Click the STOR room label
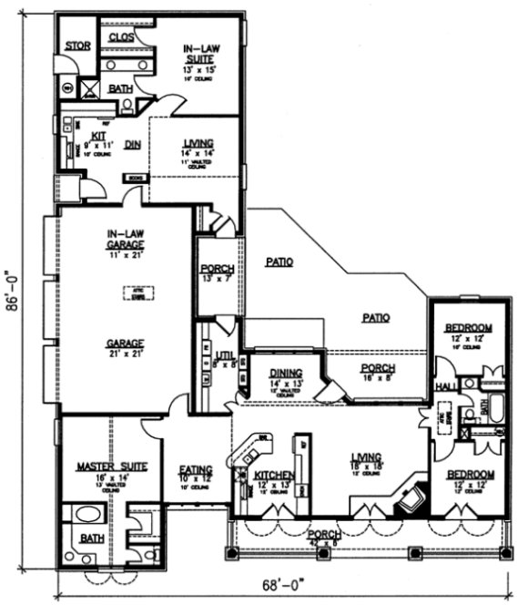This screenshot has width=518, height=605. click(x=76, y=46)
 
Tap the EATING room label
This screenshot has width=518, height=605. click(x=195, y=471)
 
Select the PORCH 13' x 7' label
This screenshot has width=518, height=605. click(x=217, y=272)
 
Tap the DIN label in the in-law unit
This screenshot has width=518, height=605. click(x=133, y=144)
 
